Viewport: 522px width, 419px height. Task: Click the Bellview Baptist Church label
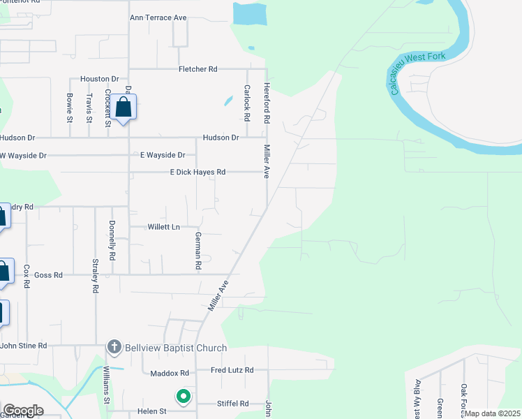tap(175, 348)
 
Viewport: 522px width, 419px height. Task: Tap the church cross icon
tap(114, 347)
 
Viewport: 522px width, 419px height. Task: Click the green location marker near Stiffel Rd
tap(184, 397)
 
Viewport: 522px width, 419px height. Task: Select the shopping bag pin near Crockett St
tap(124, 108)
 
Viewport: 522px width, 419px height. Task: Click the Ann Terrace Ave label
tap(158, 17)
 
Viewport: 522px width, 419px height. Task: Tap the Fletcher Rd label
tap(198, 69)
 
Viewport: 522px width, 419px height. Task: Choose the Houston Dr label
tap(100, 79)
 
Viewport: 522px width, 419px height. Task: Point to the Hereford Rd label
tap(266, 103)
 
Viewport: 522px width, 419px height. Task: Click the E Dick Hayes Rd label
tap(197, 172)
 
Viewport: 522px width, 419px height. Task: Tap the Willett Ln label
tap(164, 227)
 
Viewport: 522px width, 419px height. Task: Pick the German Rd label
tap(197, 251)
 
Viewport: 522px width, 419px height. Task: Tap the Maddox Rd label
tap(170, 374)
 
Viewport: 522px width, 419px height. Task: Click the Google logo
tap(23, 410)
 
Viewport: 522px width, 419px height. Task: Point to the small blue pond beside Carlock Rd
tap(228, 101)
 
